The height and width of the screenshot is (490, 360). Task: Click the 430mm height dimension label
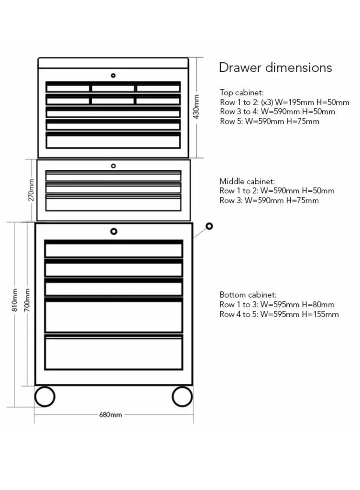pyautogui.click(x=196, y=107)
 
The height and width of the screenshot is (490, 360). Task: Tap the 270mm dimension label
pyautogui.click(x=31, y=190)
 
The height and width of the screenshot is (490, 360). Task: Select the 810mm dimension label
pyautogui.click(x=14, y=300)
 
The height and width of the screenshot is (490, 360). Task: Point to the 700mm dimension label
pyautogui.click(x=27, y=300)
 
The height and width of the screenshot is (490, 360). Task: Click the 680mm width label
pyautogui.click(x=110, y=415)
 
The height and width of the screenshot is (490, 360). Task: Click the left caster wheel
pyautogui.click(x=45, y=396)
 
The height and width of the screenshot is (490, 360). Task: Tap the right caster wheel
pyautogui.click(x=182, y=396)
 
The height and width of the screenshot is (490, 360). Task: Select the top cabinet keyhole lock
pyautogui.click(x=113, y=75)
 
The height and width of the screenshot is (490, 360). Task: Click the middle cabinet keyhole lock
pyautogui.click(x=113, y=166)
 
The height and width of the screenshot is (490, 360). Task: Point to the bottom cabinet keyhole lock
pyautogui.click(x=114, y=231)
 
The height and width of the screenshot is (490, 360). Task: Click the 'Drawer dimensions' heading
pyautogui.click(x=275, y=67)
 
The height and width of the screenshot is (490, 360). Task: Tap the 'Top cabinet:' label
pyautogui.click(x=241, y=93)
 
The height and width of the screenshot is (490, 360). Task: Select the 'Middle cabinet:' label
pyautogui.click(x=247, y=181)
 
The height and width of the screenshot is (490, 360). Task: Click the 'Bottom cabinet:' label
pyautogui.click(x=248, y=295)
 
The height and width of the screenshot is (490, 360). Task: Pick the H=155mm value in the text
pyautogui.click(x=320, y=314)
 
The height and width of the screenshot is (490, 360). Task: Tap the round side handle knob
pyautogui.click(x=209, y=226)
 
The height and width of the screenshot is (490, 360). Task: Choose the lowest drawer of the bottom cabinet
pyautogui.click(x=114, y=352)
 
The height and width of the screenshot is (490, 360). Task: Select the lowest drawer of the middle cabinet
pyautogui.click(x=113, y=203)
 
